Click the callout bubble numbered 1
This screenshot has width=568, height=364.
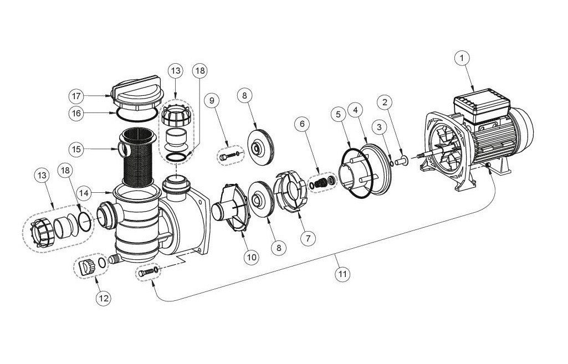tap(462, 57)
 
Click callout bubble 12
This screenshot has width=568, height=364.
tap(103, 299)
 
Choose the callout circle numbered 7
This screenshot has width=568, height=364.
tap(308, 238)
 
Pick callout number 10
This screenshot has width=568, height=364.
tap(252, 257)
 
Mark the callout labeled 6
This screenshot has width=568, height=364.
tap(303, 125)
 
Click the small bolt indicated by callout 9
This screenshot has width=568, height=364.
tap(225, 157)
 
